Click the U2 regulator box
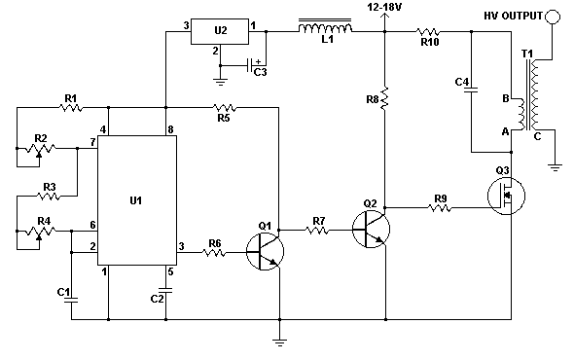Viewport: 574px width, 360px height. point(220,32)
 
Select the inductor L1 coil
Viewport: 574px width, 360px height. point(325,27)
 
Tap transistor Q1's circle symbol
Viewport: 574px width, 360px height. point(265,252)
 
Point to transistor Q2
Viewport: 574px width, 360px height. point(371,230)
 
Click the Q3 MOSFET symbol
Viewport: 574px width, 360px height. point(506,196)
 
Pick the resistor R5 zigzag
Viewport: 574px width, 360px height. point(225,108)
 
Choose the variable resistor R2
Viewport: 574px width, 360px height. point(40,150)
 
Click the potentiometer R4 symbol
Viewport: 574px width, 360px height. point(40,232)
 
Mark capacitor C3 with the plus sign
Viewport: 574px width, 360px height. point(254,65)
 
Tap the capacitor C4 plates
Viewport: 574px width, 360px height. point(471,90)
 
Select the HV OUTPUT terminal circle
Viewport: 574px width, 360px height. point(553,17)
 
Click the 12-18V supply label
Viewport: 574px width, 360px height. point(384,7)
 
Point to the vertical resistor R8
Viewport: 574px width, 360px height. point(384,99)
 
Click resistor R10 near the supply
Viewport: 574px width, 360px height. point(428,32)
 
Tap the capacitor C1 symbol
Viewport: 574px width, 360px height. point(71,301)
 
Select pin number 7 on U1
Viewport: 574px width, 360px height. point(92,142)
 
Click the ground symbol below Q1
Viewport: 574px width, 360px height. point(279,342)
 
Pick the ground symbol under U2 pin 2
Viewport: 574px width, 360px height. point(221,82)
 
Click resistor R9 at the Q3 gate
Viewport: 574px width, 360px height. point(440,208)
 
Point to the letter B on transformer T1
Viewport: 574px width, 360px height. point(506,98)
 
